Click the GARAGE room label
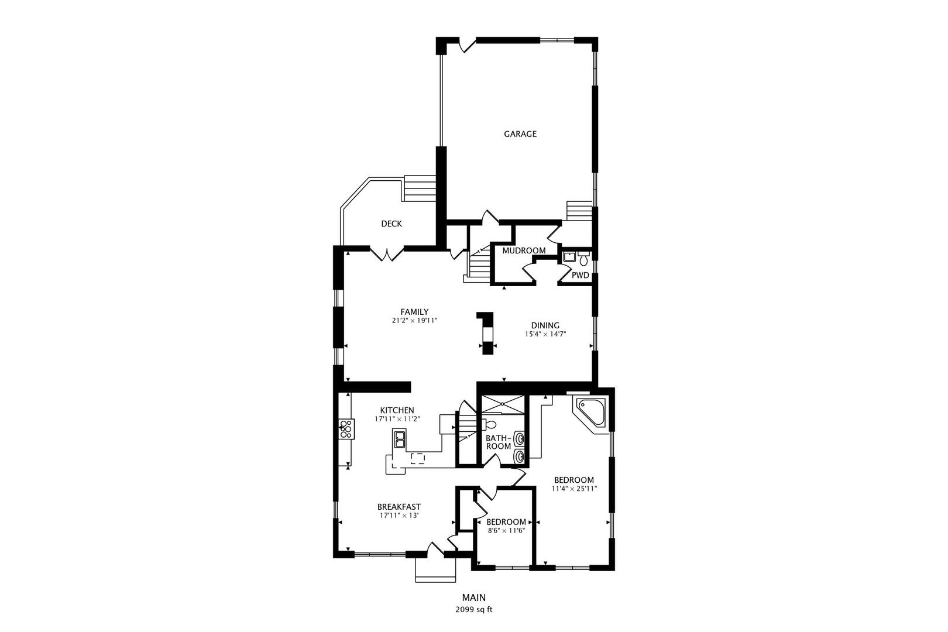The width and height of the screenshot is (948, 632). point(520,134)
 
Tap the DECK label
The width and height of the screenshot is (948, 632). point(391,224)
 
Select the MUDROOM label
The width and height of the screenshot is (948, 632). point(524,250)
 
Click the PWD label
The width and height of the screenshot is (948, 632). point(580,275)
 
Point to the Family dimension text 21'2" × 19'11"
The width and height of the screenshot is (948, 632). point(414,321)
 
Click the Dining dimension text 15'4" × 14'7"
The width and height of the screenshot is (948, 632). point(545,335)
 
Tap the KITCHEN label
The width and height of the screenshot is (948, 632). point(397,410)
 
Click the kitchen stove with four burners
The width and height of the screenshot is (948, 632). point(346,429)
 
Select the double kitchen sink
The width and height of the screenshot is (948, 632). point(400,438)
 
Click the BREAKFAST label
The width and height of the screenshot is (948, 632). point(399,507)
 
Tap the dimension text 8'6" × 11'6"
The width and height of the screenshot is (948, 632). point(506,531)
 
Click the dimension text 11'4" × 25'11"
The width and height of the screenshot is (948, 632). point(574,489)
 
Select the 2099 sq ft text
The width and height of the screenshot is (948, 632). point(474,609)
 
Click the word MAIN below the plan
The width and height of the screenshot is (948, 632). point(474,597)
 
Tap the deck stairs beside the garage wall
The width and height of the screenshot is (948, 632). point(421,188)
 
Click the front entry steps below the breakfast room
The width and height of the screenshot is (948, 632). point(435,569)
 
